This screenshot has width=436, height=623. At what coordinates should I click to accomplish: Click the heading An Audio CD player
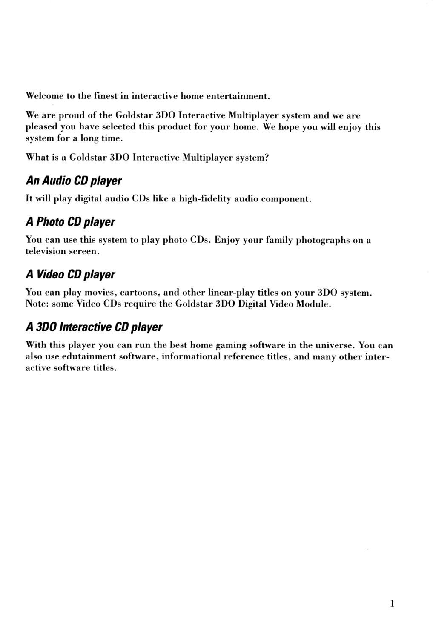coord(74,181)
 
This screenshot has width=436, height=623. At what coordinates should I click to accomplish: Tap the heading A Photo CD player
coord(70,222)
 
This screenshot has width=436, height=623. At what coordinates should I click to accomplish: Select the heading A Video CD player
coord(70,274)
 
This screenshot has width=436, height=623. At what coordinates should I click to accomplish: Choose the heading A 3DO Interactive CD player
coord(94,327)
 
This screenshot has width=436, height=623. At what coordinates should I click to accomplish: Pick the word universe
coord(333,345)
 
